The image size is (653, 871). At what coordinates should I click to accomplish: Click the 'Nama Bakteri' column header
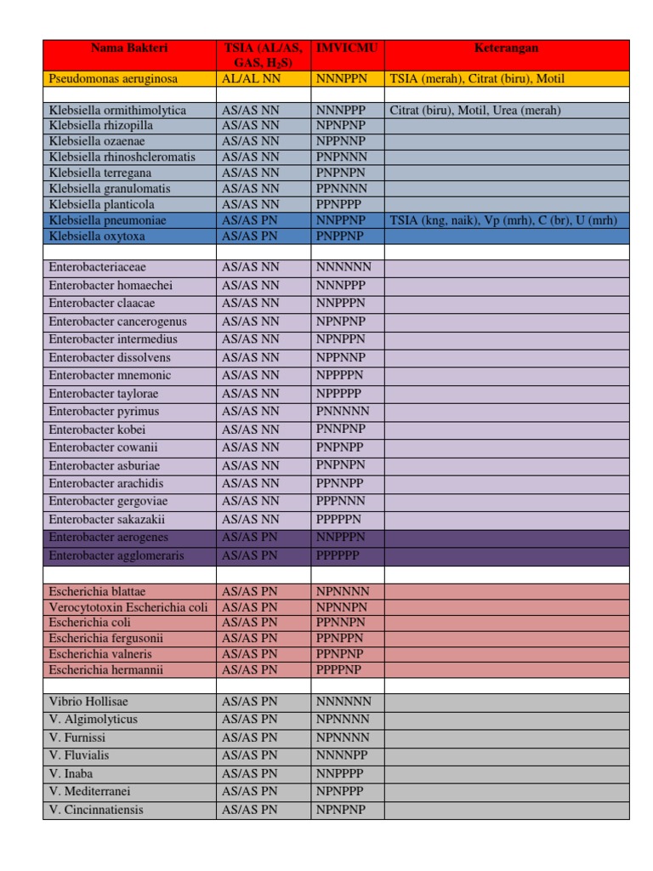(x=129, y=48)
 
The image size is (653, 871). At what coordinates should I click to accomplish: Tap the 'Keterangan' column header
(x=506, y=48)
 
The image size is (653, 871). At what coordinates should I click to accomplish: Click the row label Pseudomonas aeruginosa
(x=113, y=79)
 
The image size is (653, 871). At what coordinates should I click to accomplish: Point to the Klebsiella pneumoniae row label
(x=107, y=220)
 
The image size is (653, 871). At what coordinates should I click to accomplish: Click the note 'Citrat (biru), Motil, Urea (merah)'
(x=475, y=111)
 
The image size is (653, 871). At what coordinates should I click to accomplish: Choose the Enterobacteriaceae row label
(x=95, y=267)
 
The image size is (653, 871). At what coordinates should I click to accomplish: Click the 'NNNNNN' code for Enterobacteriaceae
(x=344, y=267)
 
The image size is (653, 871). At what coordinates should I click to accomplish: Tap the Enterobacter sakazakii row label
(x=107, y=519)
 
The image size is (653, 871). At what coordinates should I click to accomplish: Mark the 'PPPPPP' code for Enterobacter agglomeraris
(x=338, y=555)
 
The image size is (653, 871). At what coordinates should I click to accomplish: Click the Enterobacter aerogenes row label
(x=108, y=538)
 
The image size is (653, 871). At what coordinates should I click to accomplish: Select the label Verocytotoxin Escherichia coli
(x=128, y=607)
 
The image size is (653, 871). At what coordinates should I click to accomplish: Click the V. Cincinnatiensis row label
(x=96, y=810)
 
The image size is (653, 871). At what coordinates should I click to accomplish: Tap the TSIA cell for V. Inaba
(x=249, y=774)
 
